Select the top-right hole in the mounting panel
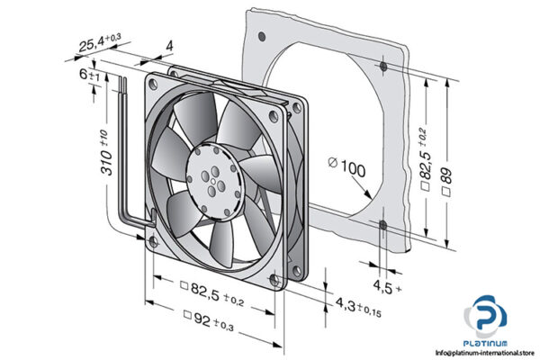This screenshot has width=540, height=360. (x=384, y=67)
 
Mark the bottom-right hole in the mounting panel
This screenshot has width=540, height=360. (x=384, y=226)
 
